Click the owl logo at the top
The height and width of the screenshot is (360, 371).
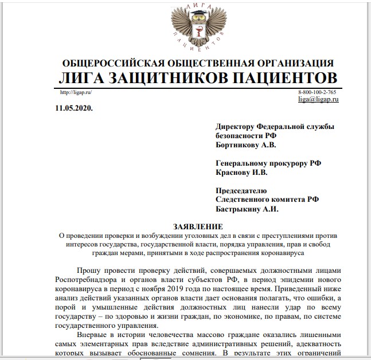pos(197,27)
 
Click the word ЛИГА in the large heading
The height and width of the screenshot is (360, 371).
pos(87,78)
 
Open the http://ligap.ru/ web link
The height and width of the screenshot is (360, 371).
pos(76,92)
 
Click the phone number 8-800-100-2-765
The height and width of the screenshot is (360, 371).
pos(317,92)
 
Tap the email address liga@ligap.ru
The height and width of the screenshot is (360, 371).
pos(318,99)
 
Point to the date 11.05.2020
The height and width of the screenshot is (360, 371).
pos(74,108)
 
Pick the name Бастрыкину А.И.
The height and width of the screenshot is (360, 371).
pos(246,209)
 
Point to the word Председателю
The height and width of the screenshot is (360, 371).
pos(243,190)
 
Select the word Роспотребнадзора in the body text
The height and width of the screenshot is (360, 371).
pos(93,280)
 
